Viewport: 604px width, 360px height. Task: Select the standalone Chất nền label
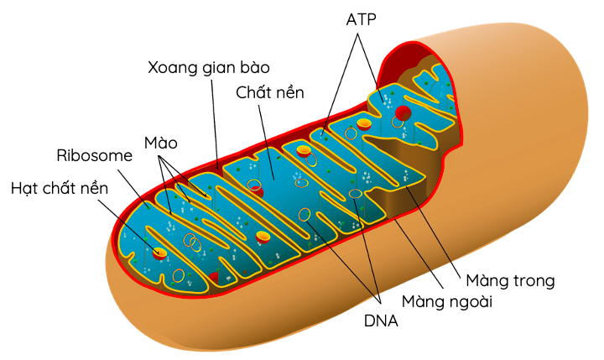[x=270, y=91]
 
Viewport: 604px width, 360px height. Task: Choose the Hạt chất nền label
[x=60, y=188]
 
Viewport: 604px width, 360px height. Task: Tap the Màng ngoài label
[x=445, y=300]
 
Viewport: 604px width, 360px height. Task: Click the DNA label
[x=381, y=321]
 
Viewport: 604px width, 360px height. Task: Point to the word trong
[x=533, y=279]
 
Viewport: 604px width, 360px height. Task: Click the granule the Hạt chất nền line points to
[x=159, y=251]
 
